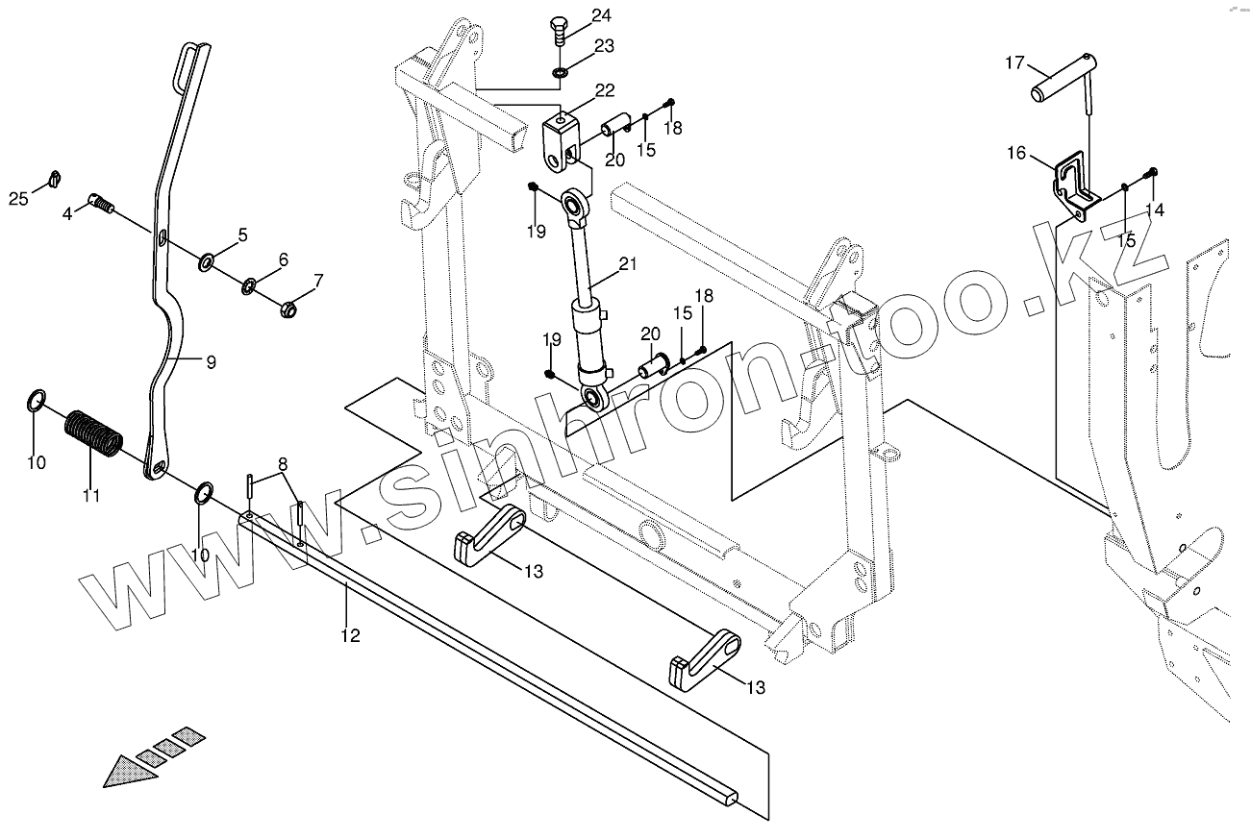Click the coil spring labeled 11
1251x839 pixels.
click(93, 434)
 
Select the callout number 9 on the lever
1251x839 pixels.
click(211, 362)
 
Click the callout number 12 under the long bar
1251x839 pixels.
click(350, 634)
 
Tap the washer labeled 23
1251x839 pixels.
click(561, 73)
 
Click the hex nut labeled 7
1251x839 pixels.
click(288, 309)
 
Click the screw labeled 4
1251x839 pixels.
click(101, 202)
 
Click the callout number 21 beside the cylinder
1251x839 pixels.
click(628, 263)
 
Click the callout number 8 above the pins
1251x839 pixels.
click(282, 464)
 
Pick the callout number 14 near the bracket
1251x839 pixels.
click(1155, 210)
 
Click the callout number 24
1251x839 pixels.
click(600, 14)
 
